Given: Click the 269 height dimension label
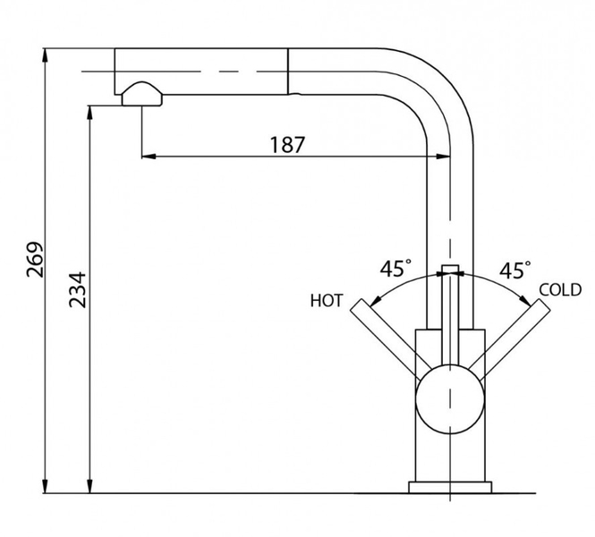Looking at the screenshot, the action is click(x=35, y=260).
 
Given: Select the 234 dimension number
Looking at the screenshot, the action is click(x=78, y=290).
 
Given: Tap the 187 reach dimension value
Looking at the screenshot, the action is click(x=287, y=145).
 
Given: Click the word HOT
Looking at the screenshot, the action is click(x=327, y=301).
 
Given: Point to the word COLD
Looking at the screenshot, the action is click(x=560, y=290).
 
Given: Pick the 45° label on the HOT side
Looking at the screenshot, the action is click(x=395, y=268).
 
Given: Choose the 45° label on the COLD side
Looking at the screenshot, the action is click(x=515, y=270).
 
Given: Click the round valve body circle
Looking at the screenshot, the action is click(x=450, y=399).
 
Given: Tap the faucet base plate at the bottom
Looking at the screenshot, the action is click(x=450, y=487).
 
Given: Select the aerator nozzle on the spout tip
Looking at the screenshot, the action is click(x=142, y=94).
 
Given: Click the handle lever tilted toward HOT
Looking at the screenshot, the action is click(x=391, y=339).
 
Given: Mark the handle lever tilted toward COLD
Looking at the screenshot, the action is click(x=509, y=339).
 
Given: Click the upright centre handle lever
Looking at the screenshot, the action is click(x=450, y=316).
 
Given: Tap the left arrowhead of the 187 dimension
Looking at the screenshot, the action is click(x=149, y=156).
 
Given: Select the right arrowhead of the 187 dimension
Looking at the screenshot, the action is click(x=443, y=156).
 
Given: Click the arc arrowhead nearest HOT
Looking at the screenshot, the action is click(x=375, y=301).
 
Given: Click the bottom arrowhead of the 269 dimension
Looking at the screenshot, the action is click(x=45, y=486).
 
